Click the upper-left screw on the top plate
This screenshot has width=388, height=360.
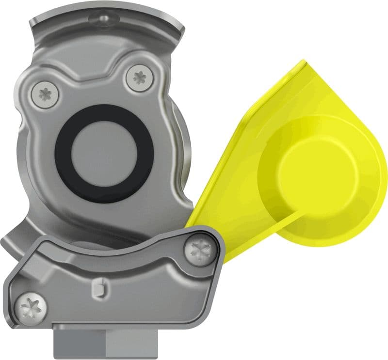tap(46, 93)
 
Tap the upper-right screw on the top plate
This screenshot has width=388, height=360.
tap(139, 77)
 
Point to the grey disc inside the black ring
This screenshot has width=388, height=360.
tap(105, 153)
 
